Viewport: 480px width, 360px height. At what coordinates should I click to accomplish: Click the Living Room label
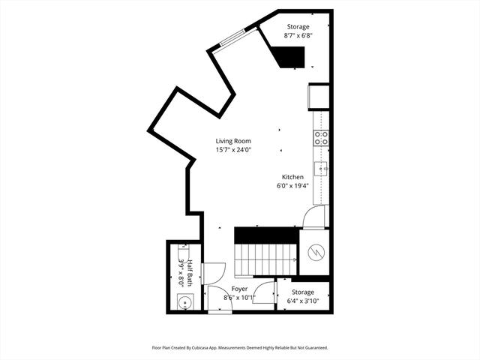pos(233,141)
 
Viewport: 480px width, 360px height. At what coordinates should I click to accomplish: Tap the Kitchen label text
pos(292,177)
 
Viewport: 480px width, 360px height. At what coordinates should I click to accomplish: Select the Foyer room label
pos(239,289)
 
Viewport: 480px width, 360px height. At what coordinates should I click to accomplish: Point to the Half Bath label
pos(190,273)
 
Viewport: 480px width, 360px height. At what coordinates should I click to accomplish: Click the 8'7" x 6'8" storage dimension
pos(298,35)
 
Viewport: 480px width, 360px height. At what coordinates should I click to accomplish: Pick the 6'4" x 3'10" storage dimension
pos(303,301)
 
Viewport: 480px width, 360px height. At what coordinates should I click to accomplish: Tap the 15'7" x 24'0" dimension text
pos(233,150)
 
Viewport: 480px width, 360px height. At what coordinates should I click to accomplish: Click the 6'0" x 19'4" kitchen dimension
pos(292,185)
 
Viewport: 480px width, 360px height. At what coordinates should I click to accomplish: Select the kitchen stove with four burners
pos(321,138)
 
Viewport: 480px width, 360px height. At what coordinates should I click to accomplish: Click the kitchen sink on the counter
pos(322,169)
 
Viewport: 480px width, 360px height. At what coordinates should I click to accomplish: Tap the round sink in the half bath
pos(185,301)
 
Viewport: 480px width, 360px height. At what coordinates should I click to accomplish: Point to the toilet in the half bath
pos(184,253)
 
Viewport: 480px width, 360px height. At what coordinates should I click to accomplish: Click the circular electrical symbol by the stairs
pos(316,253)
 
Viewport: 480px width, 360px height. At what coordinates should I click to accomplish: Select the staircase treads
pos(265,259)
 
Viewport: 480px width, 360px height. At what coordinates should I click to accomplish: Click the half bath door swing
pos(213,273)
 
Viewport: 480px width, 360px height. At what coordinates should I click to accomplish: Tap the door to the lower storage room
pos(264,292)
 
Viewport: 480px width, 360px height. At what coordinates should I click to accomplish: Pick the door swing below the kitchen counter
pos(313,217)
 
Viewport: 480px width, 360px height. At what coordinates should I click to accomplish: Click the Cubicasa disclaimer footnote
pos(240,348)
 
